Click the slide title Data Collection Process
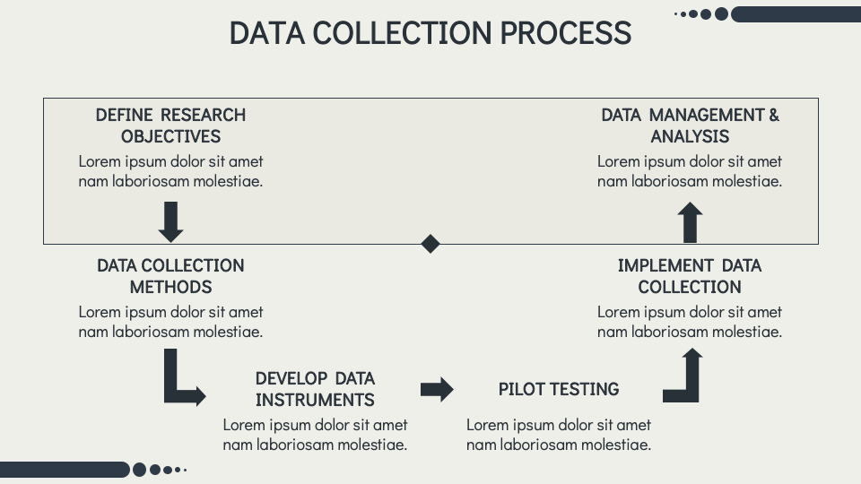click(x=430, y=33)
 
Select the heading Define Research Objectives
click(x=170, y=125)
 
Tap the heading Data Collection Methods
click(x=170, y=276)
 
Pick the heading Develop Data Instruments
click(x=315, y=389)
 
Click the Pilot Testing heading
click(x=559, y=389)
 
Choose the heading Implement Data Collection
click(x=690, y=276)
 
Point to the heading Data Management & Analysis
click(x=690, y=125)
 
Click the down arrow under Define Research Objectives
click(x=170, y=221)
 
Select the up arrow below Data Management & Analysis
click(x=690, y=221)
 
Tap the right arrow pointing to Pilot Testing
click(x=437, y=389)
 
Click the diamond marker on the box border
click(x=430, y=244)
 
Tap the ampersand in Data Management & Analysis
click(x=773, y=115)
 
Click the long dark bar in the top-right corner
click(x=795, y=13)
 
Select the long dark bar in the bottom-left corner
click(x=65, y=470)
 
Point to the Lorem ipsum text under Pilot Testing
click(x=559, y=434)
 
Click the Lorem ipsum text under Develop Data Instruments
click(x=315, y=434)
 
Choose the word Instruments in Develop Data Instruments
click(x=315, y=400)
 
